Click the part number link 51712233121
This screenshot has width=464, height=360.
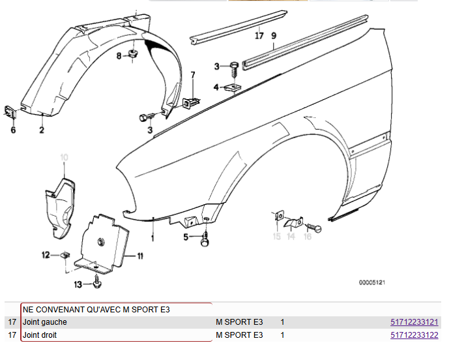pyautogui.click(x=414, y=322)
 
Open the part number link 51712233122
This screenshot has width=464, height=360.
pyautogui.click(x=414, y=335)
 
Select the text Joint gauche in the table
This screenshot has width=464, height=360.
pyautogui.click(x=45, y=322)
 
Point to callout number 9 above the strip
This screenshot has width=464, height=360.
pyautogui.click(x=274, y=36)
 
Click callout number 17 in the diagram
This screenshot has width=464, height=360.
pyautogui.click(x=259, y=36)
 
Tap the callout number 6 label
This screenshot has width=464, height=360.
pyautogui.click(x=12, y=130)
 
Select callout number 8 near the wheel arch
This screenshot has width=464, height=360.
pyautogui.click(x=119, y=57)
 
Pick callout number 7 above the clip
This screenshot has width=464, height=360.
pyautogui.click(x=192, y=76)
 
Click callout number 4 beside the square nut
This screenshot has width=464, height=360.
pyautogui.click(x=216, y=87)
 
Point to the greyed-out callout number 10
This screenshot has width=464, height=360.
pyautogui.click(x=64, y=157)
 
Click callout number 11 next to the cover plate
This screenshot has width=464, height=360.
pyautogui.click(x=139, y=256)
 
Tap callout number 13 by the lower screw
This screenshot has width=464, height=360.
pyautogui.click(x=78, y=284)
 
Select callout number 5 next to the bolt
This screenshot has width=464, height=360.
pyautogui.click(x=186, y=237)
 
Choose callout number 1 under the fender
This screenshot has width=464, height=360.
pyautogui.click(x=153, y=238)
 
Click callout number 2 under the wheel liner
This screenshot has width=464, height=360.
pyautogui.click(x=41, y=130)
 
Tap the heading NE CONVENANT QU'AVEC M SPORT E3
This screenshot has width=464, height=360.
pyautogui.click(x=96, y=309)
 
